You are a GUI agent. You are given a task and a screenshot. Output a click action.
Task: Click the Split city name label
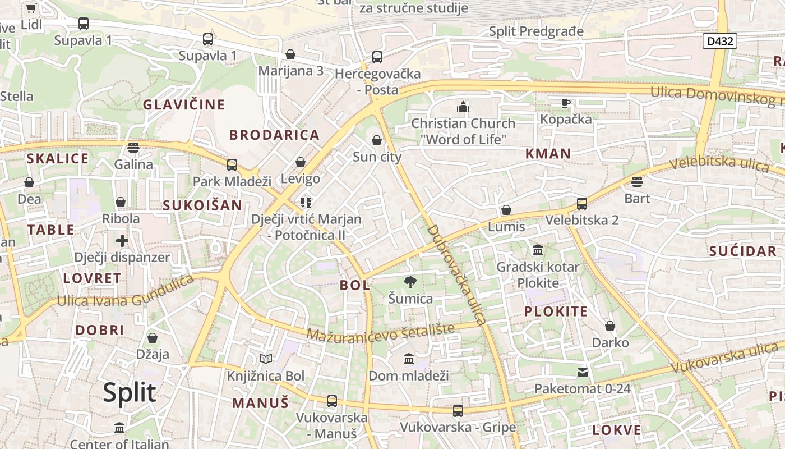(x=129, y=392)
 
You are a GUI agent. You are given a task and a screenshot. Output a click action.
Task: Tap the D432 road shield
(x=719, y=40)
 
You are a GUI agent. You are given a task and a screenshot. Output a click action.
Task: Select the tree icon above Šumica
(x=410, y=282)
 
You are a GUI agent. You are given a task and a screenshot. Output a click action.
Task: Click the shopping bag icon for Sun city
(x=377, y=140)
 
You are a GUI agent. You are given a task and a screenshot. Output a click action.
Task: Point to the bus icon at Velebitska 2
(x=582, y=204)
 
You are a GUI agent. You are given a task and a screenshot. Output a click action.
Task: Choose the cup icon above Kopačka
(x=566, y=103)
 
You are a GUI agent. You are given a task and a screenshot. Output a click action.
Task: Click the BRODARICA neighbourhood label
(x=274, y=135)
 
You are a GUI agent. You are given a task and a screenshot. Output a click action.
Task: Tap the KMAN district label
(x=548, y=154)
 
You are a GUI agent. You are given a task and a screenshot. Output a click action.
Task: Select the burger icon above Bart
(x=637, y=182)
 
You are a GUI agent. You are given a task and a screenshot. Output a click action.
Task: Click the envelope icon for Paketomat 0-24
(x=583, y=372)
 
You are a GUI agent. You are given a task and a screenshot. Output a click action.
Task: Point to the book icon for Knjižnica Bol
(x=266, y=359)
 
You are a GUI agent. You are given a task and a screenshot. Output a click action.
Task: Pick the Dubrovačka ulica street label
(x=455, y=275)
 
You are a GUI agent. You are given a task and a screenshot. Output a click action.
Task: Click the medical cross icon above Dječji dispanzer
(x=122, y=241)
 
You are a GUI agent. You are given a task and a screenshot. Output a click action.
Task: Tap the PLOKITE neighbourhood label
(x=556, y=311)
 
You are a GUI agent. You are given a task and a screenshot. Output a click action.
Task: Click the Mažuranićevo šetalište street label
(x=380, y=333)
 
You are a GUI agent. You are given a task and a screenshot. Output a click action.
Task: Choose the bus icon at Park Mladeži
(x=232, y=165)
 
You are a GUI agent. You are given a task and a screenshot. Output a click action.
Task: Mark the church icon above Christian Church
(x=463, y=107)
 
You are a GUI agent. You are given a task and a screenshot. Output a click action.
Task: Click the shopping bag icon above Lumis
(x=506, y=210)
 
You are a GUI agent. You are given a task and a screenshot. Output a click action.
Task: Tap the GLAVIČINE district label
(x=183, y=104)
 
